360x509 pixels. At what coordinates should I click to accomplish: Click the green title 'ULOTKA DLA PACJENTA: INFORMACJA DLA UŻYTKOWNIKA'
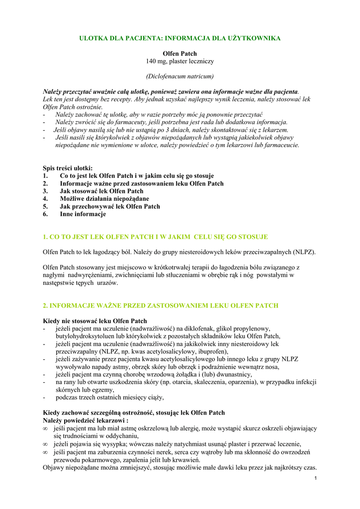(180, 38)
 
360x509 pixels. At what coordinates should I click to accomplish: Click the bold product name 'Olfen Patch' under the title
(180, 53)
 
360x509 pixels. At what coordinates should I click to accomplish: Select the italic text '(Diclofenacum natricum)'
(180, 76)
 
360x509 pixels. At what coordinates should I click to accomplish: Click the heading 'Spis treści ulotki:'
(68, 168)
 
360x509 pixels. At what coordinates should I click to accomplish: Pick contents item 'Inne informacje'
(83, 214)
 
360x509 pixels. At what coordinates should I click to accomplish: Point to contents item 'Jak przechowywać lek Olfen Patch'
(110, 206)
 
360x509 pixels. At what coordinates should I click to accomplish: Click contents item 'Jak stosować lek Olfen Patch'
(101, 191)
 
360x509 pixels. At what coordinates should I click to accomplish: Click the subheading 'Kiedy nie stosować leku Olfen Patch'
(95, 321)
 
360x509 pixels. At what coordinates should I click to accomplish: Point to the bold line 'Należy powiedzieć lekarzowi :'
(86, 421)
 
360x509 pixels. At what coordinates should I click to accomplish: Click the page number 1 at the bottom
(316, 478)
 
